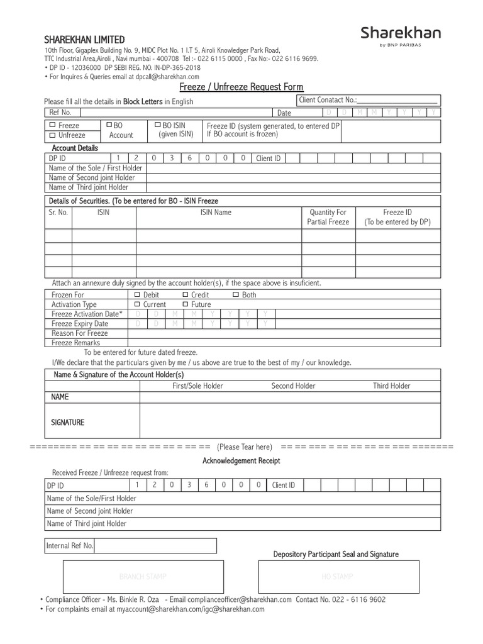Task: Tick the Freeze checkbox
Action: (52, 126)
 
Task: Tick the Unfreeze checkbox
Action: (52, 135)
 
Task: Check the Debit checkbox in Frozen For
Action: (137, 294)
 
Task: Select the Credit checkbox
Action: (186, 294)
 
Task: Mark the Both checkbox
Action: (235, 294)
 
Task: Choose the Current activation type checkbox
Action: (137, 304)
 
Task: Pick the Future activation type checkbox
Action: (186, 304)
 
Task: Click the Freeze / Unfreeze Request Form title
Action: (241, 87)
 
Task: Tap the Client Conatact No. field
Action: (396, 100)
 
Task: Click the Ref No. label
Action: (60, 113)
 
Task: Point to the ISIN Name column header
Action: (216, 213)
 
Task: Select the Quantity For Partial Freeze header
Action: (328, 217)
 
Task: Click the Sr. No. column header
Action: (58, 213)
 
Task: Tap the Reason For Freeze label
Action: (80, 333)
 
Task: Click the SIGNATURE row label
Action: (67, 423)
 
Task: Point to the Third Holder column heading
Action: (391, 386)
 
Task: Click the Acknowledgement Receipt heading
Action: (241, 461)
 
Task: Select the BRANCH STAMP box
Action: (143, 577)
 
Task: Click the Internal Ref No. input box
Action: (155, 546)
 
